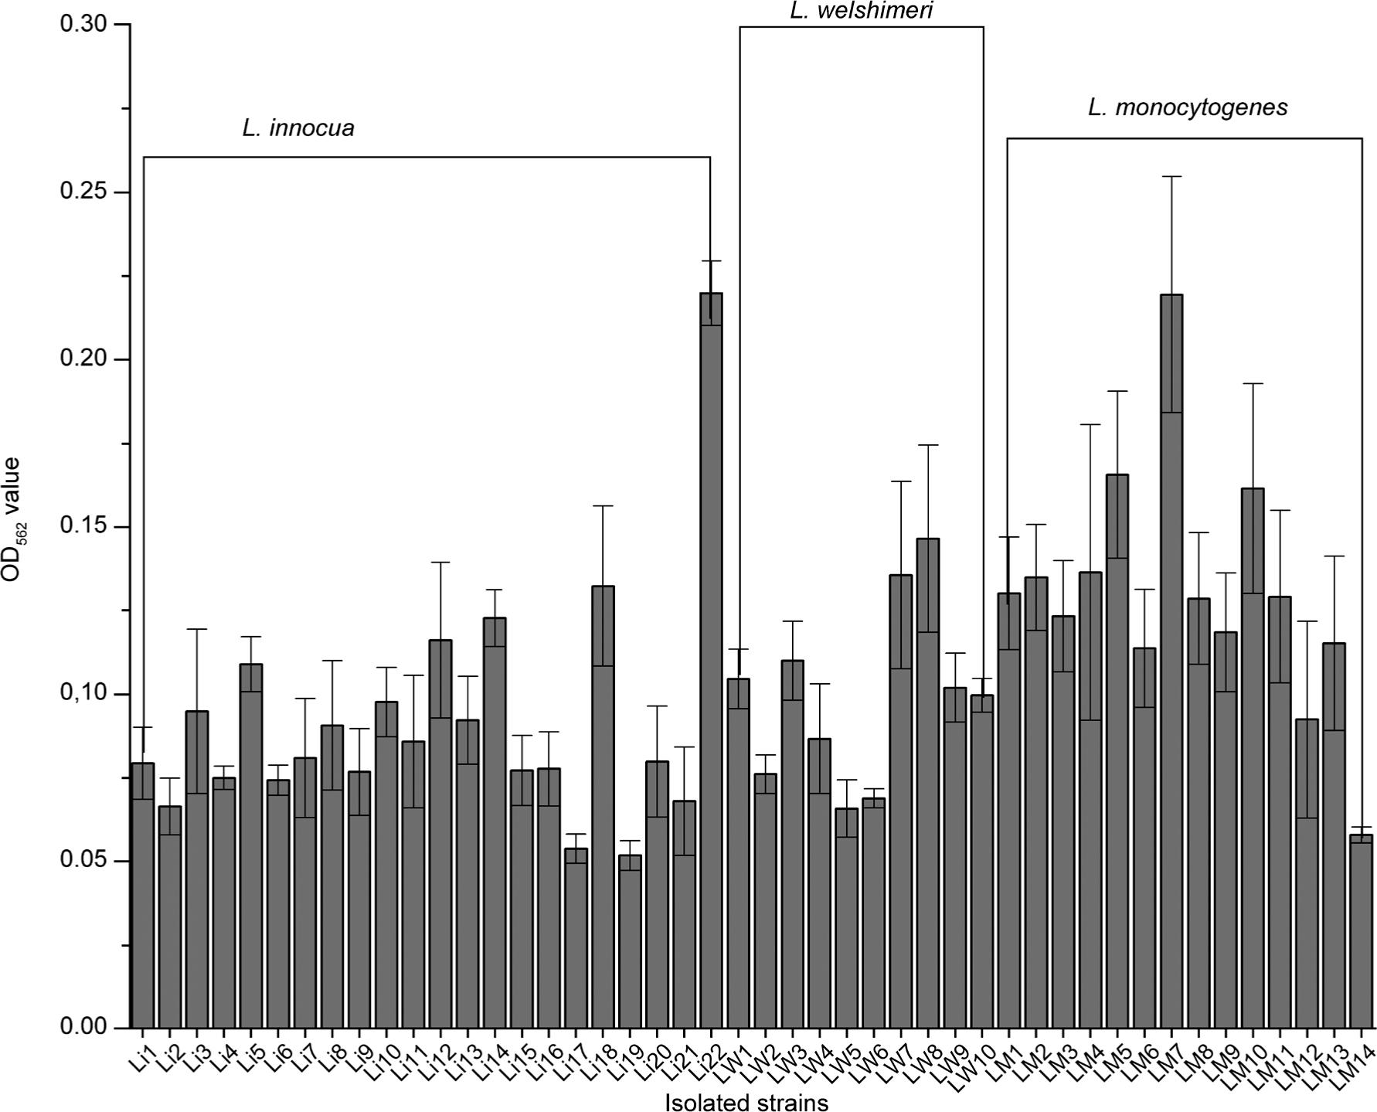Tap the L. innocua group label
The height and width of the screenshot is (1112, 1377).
tap(298, 128)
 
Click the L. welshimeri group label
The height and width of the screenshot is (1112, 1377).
tap(862, 11)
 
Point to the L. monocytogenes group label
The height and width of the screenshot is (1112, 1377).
tap(1188, 107)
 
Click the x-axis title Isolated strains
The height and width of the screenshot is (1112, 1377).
tap(746, 1102)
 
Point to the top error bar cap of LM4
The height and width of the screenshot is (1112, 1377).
tap(1090, 424)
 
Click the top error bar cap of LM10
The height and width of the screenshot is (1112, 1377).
tap(1253, 383)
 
